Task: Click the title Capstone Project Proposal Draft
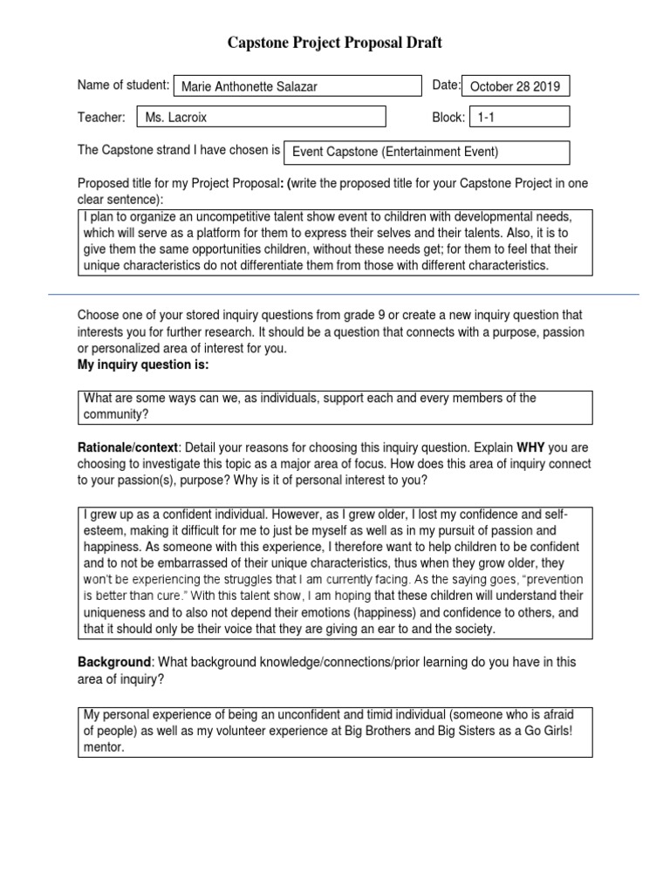coord(335,43)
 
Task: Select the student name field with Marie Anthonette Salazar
coord(297,86)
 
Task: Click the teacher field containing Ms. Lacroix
coord(262,117)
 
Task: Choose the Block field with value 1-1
coord(519,117)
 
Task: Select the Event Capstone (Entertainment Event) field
coord(427,152)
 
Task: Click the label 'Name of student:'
coord(123,85)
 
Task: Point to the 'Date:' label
coord(446,85)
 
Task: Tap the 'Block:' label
coord(448,117)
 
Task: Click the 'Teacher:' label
coord(101,117)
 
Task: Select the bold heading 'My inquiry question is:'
coord(143,365)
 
